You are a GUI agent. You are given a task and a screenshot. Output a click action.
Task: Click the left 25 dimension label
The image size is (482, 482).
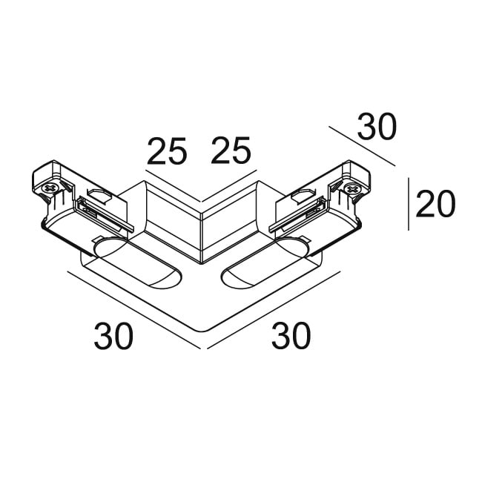(x=167, y=151)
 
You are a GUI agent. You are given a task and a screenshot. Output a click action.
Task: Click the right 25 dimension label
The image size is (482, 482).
(x=231, y=150)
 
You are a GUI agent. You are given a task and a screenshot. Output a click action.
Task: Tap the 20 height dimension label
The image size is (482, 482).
(x=435, y=204)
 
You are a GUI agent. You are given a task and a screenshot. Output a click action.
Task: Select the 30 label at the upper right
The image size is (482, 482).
(x=376, y=126)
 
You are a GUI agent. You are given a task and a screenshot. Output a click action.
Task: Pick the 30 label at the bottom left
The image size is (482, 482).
(x=113, y=336)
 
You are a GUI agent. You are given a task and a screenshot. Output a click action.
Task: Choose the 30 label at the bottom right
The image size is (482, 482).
(x=291, y=335)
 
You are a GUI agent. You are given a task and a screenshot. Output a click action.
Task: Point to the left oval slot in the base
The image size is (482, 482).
(x=137, y=263)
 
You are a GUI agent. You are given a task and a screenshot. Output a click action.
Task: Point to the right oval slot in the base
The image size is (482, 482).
(x=264, y=263)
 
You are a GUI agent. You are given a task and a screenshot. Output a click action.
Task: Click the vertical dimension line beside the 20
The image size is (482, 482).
(x=409, y=203)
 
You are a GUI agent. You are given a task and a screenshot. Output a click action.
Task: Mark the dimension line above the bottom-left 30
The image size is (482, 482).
(x=134, y=310)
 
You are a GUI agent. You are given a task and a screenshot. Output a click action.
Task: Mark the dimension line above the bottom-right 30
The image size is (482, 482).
(x=274, y=310)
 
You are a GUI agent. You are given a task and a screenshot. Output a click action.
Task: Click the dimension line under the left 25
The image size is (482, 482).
(x=173, y=185)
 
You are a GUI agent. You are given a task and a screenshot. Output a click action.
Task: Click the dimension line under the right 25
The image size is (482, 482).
(x=229, y=185)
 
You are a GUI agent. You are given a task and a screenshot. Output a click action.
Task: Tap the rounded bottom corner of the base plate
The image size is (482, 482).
(x=202, y=330)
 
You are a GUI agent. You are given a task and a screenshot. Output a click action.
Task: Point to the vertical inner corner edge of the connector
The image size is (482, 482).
(x=201, y=237)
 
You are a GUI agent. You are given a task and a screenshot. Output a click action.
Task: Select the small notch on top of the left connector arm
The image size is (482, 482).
(x=99, y=194)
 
